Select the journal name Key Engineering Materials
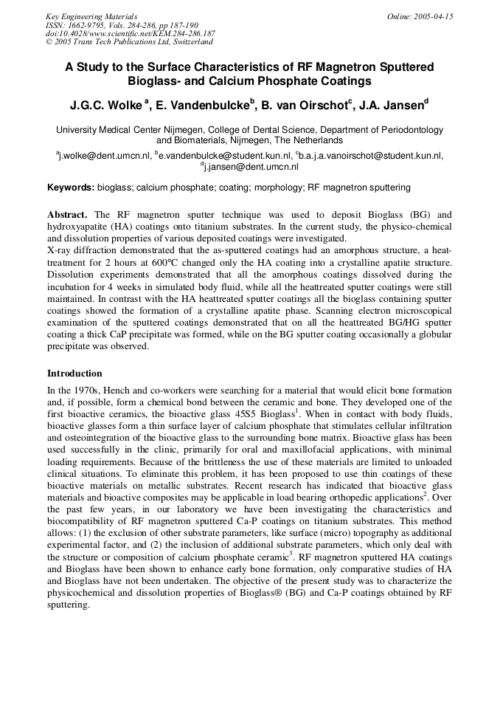click(x=91, y=16)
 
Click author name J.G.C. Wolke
click(x=106, y=106)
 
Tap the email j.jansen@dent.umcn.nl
click(x=251, y=168)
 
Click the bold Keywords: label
click(x=71, y=188)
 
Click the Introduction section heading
click(x=74, y=374)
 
